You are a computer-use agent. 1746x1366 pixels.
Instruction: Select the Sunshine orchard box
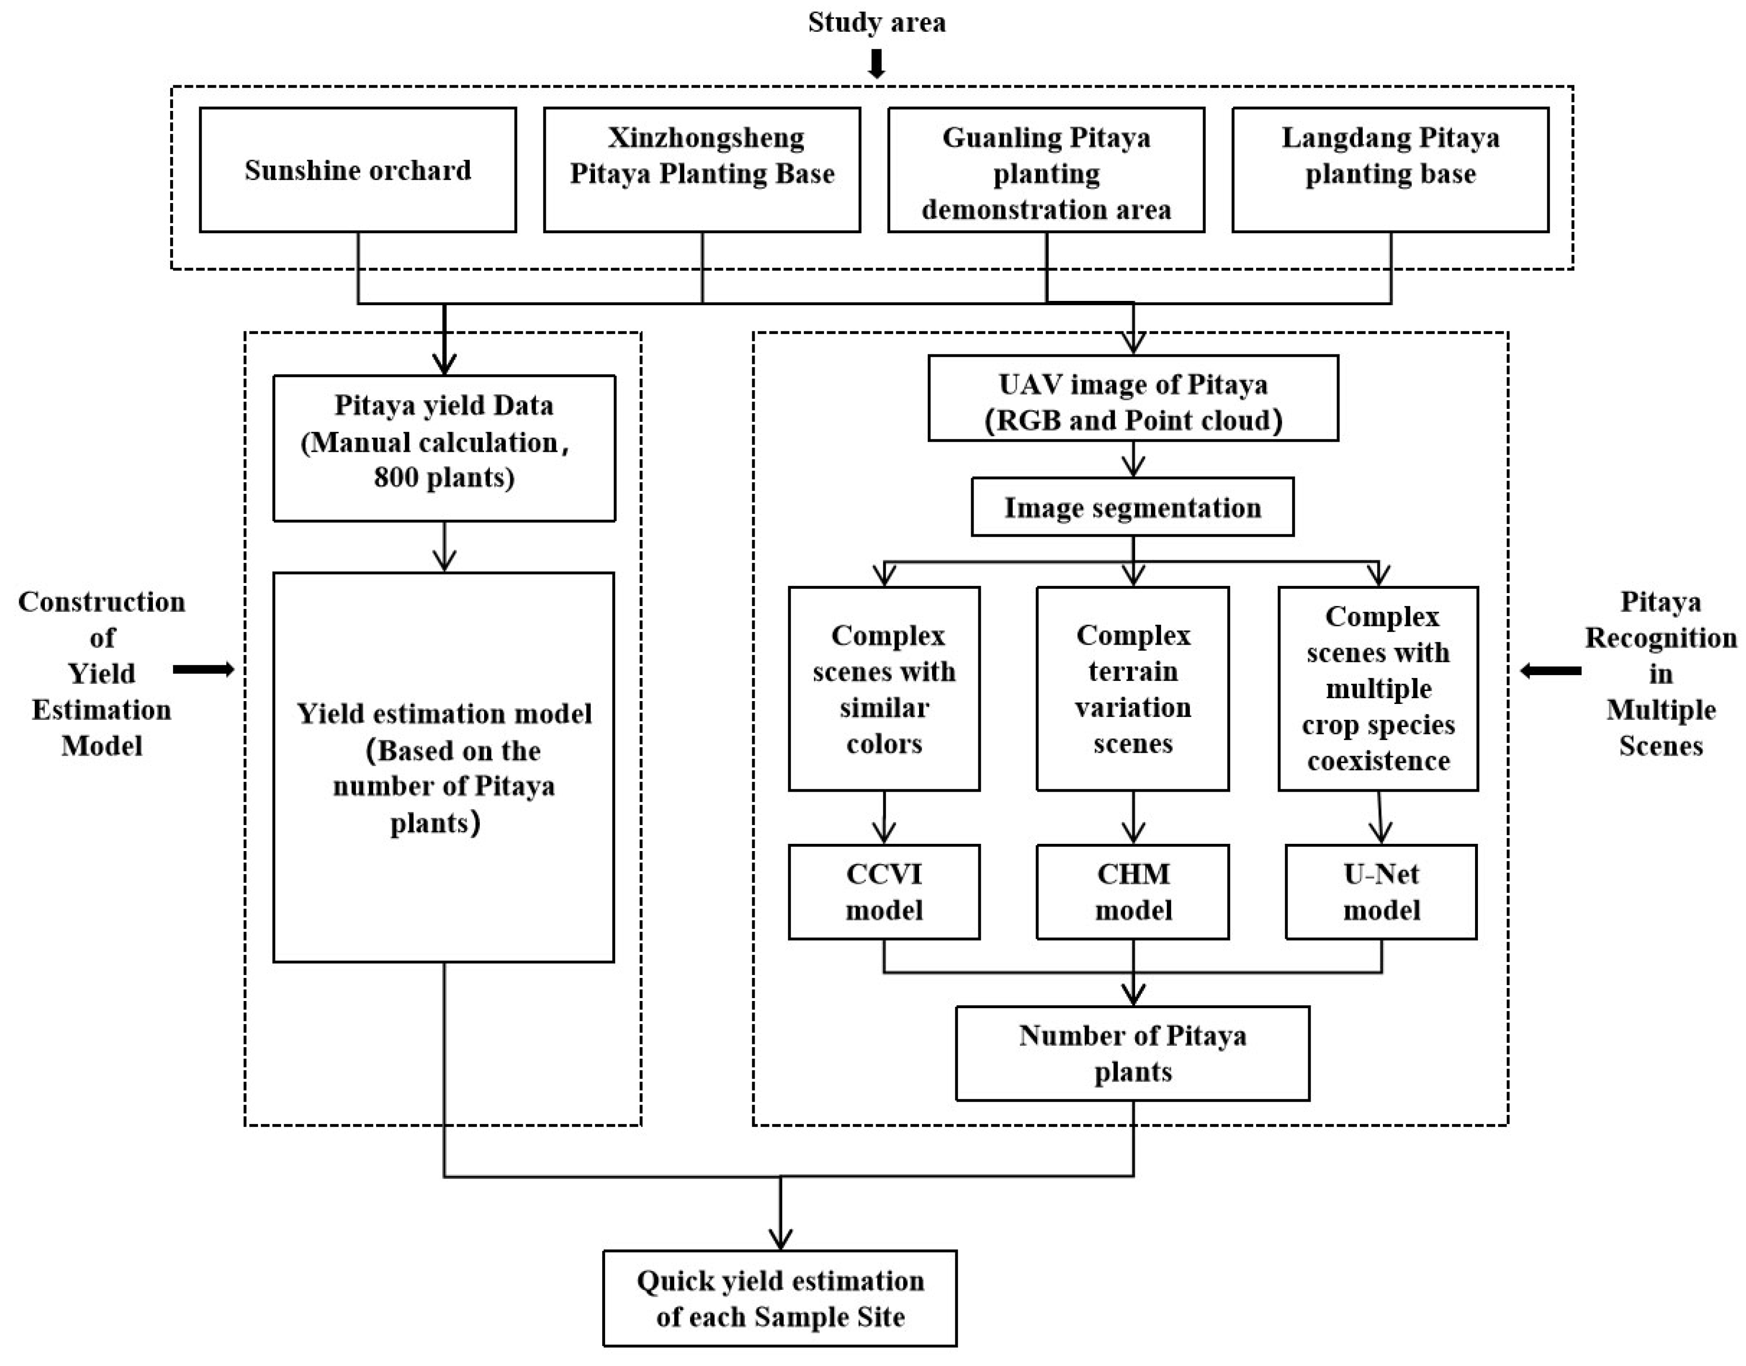point(357,170)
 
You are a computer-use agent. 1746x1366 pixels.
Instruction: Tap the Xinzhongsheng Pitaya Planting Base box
point(702,170)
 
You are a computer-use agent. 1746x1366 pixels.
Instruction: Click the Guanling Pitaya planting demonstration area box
point(1046,170)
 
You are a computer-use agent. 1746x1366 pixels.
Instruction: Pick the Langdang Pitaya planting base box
point(1390,170)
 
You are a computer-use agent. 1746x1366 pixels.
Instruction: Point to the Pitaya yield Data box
point(444,448)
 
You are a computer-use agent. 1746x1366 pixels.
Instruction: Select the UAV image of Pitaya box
point(1133,398)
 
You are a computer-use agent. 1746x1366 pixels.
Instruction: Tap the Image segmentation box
point(1133,507)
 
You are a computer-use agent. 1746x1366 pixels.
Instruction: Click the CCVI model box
point(884,892)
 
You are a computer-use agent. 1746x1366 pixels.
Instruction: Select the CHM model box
point(1133,892)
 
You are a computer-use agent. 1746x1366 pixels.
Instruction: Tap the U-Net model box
point(1381,892)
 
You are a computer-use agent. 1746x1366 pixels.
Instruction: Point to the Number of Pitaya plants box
point(1133,1053)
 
